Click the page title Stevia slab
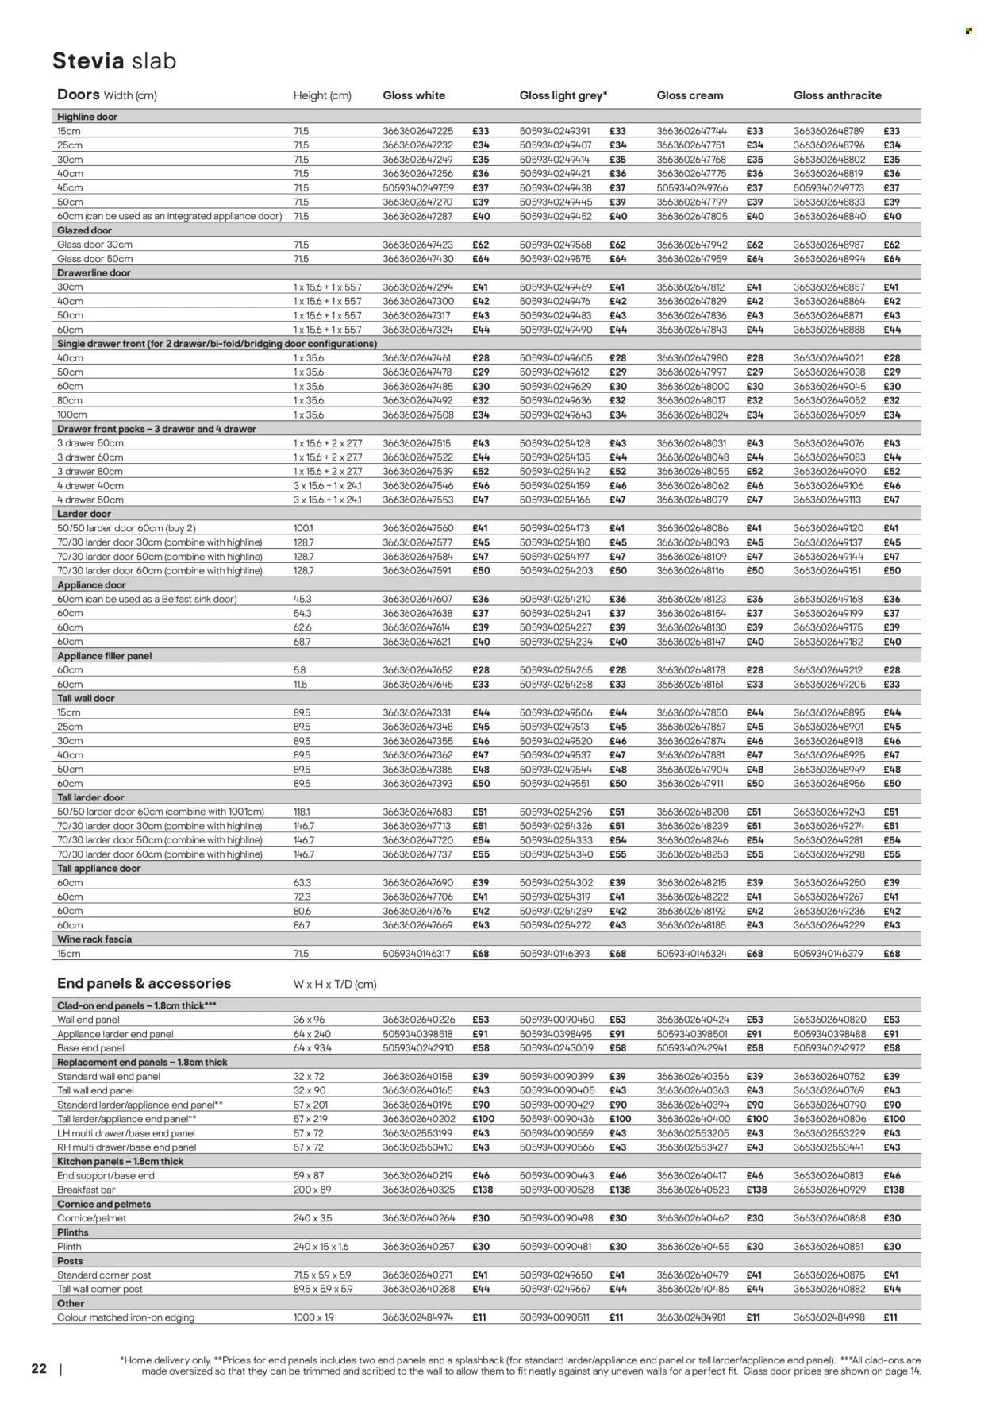114,61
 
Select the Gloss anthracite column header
837,95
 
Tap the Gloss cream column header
690,95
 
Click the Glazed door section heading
84,230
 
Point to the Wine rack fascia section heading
94,939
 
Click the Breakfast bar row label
88,1190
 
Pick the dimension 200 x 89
312,1190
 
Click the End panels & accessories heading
144,983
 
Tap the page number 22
39,1369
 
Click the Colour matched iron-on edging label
125,1317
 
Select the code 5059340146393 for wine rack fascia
555,954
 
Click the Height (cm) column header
322,95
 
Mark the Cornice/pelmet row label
92,1217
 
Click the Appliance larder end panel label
115,1034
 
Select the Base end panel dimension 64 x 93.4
313,1048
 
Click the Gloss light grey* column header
563,95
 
